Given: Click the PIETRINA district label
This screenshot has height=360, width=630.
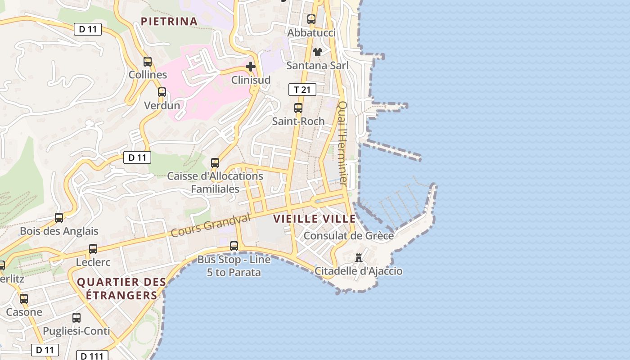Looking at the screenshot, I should click(x=169, y=21).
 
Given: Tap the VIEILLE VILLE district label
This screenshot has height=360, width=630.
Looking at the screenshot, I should click(x=315, y=219).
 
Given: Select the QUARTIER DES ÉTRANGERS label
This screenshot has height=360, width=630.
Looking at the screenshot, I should click(x=121, y=288).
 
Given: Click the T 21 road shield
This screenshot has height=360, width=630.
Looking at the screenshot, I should click(x=302, y=90).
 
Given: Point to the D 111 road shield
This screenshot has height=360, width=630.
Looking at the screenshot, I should click(x=92, y=356).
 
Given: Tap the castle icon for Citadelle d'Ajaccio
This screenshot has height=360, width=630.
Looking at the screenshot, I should click(x=359, y=258).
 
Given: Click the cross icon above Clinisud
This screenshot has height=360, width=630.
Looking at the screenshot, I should click(x=251, y=67).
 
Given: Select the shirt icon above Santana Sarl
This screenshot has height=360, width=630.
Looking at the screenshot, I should click(x=318, y=52).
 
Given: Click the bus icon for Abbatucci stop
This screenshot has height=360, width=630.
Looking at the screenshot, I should click(x=311, y=19).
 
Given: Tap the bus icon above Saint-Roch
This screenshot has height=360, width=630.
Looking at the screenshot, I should click(x=298, y=108).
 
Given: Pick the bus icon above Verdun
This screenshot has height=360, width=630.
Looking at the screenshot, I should click(x=162, y=92).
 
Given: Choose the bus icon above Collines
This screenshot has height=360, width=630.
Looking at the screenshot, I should click(x=148, y=62).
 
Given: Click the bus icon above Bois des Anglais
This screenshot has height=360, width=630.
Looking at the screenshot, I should click(x=59, y=218).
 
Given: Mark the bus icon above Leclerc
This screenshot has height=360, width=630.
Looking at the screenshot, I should click(x=93, y=249).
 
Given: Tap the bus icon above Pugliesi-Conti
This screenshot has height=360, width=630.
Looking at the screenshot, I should click(x=76, y=318).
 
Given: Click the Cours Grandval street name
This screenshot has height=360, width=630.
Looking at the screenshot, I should click(x=210, y=225).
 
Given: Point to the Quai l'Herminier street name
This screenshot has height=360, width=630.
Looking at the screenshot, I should click(x=343, y=144).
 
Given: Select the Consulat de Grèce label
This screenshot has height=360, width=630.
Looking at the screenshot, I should click(x=349, y=235).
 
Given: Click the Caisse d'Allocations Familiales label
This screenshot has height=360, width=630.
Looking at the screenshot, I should click(x=215, y=182).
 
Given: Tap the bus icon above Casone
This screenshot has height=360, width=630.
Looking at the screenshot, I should click(x=24, y=299).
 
